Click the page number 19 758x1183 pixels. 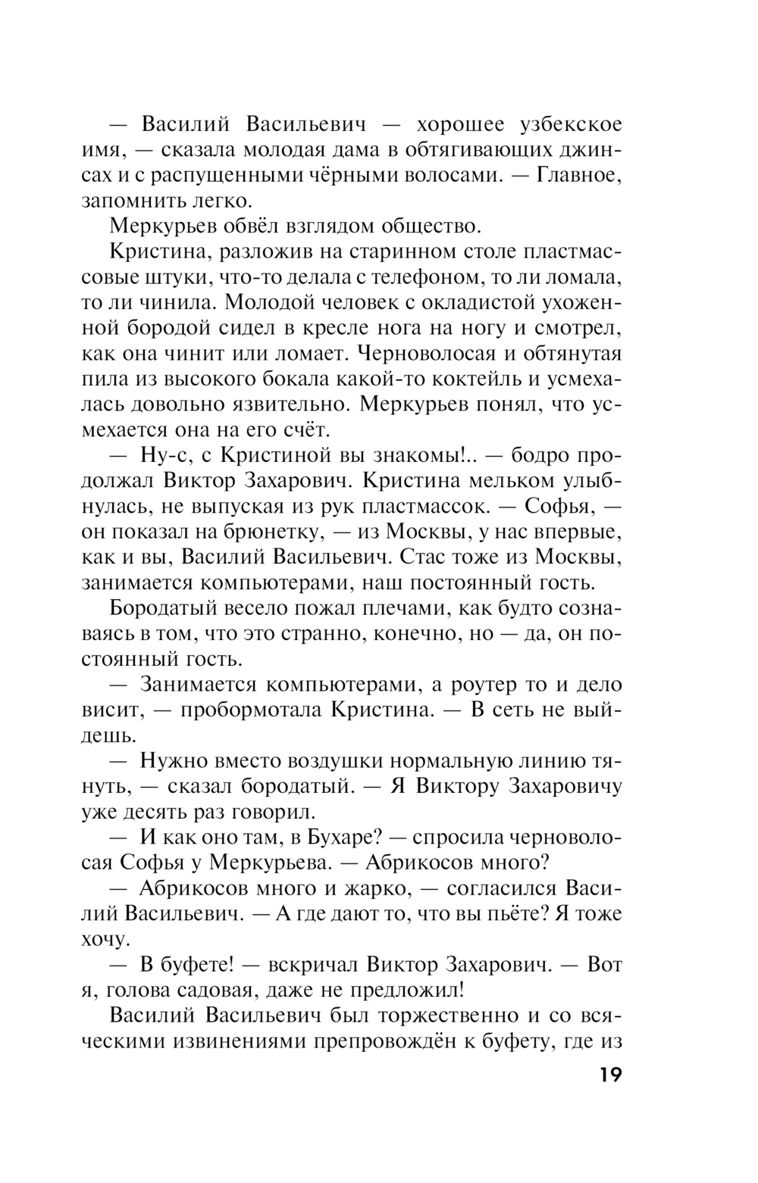coord(605,1075)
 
